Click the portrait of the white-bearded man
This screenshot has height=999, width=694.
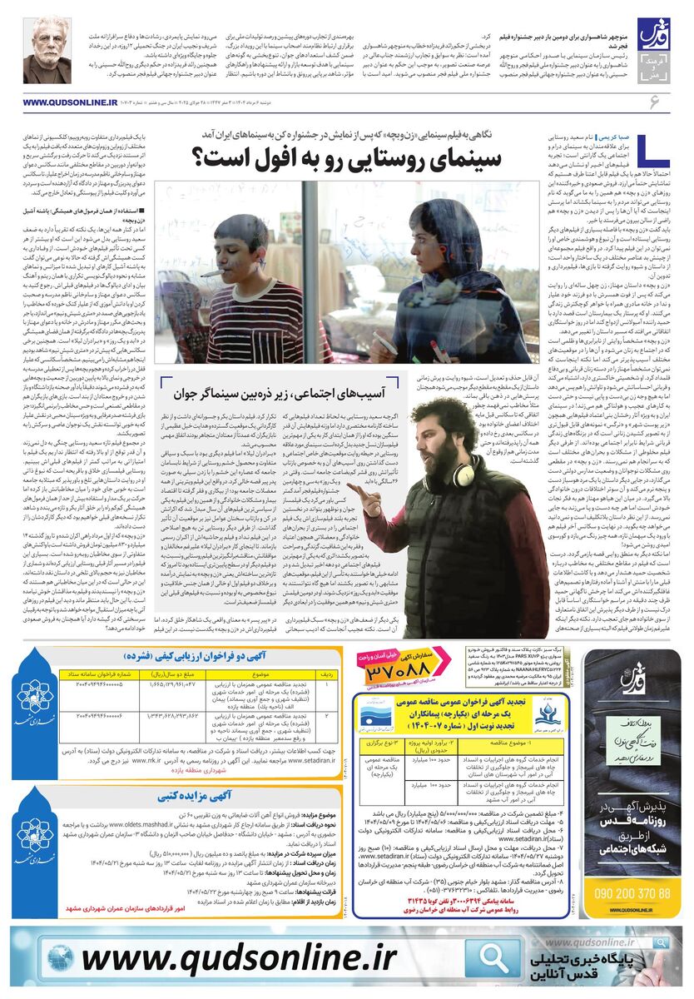(x=47, y=51)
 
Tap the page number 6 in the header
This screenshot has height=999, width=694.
(x=653, y=102)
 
